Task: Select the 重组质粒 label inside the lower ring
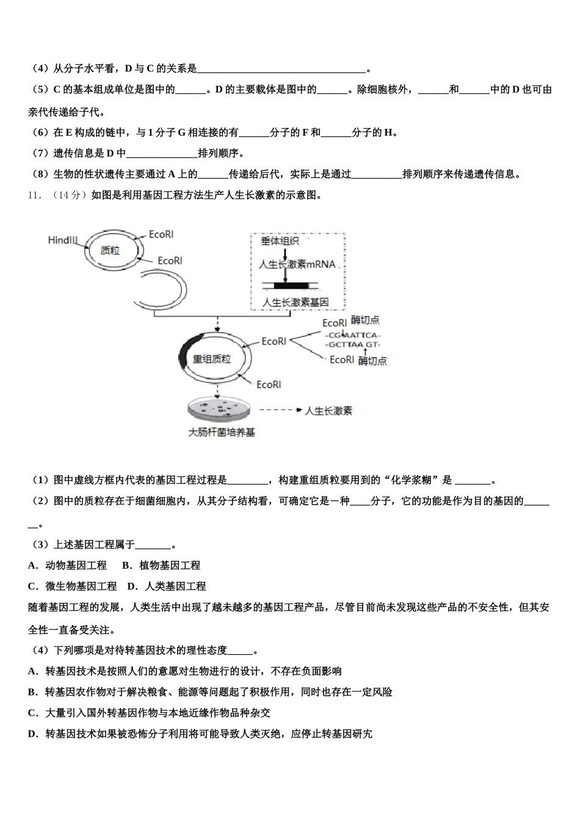[x=212, y=359]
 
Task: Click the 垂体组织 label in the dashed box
[x=280, y=241]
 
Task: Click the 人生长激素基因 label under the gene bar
[x=295, y=302]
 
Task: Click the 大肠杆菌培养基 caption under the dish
[x=222, y=432]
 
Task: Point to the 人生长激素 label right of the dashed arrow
[x=328, y=411]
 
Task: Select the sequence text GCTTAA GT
[x=352, y=345]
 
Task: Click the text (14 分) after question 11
[x=67, y=195]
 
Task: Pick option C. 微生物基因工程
[x=73, y=586]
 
